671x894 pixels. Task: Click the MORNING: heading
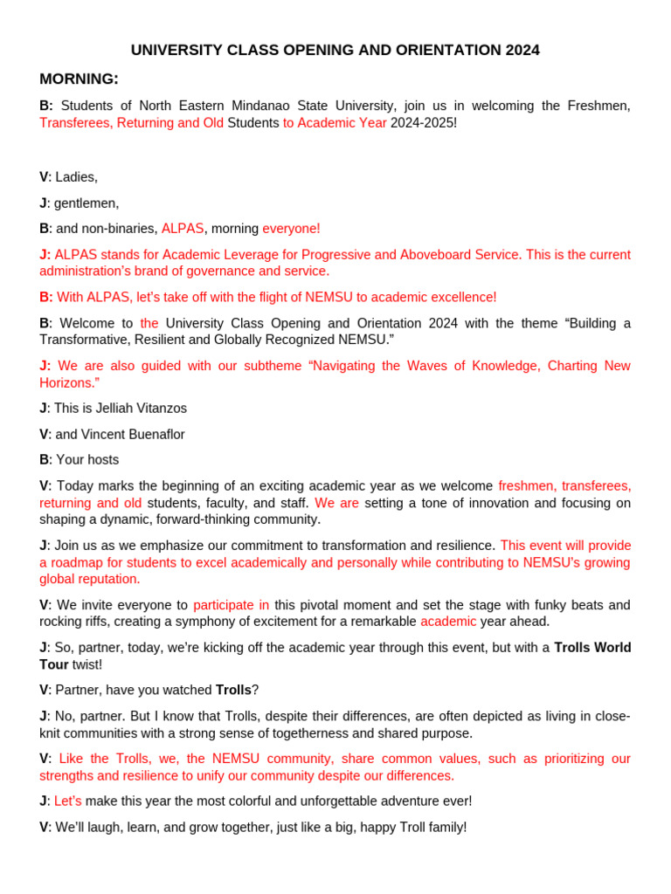[x=79, y=79]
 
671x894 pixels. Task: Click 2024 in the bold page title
[x=522, y=50]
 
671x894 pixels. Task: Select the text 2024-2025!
[x=424, y=123]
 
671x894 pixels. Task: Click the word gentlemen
[x=86, y=203]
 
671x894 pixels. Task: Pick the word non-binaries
[x=121, y=229]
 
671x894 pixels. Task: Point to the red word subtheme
[x=274, y=366]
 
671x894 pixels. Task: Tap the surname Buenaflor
[x=154, y=434]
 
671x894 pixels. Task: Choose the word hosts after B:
[x=102, y=459]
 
